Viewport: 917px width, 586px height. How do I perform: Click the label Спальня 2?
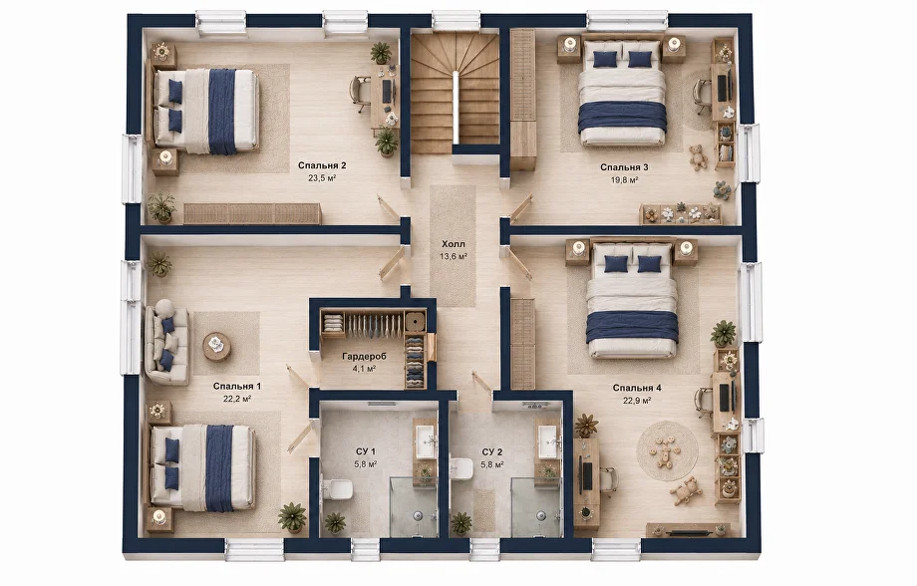pyautogui.click(x=322, y=165)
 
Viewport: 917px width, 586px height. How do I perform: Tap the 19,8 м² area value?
pyautogui.click(x=624, y=180)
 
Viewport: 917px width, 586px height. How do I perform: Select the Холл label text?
pyautogui.click(x=454, y=244)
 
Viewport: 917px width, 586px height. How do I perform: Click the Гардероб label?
pyautogui.click(x=365, y=356)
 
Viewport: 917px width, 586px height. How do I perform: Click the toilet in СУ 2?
pyautogui.click(x=461, y=467)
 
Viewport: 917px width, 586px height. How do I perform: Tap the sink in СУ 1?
pyautogui.click(x=425, y=437)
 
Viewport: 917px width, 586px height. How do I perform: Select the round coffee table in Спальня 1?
pyautogui.click(x=216, y=346)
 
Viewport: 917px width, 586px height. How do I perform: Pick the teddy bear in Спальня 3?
pyautogui.click(x=697, y=156)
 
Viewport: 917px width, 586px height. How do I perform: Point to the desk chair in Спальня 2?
pyautogui.click(x=360, y=94)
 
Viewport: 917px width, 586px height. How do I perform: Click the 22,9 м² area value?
pyautogui.click(x=638, y=401)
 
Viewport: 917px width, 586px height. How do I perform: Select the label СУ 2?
pyautogui.click(x=491, y=452)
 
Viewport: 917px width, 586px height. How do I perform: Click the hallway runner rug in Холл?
pyautogui.click(x=454, y=246)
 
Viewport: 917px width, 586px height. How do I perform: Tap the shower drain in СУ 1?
pyautogui.click(x=418, y=515)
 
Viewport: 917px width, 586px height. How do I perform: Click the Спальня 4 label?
pyautogui.click(x=637, y=388)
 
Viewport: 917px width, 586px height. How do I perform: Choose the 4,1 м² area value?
pyautogui.click(x=364, y=369)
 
